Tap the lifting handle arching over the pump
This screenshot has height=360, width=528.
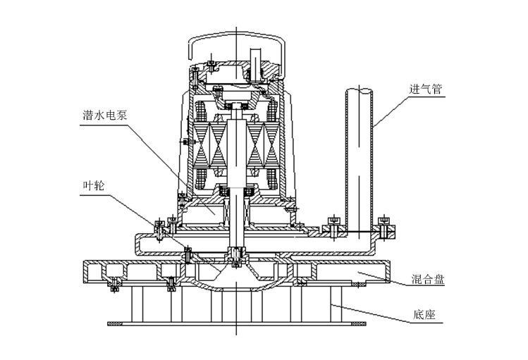[x=236, y=37]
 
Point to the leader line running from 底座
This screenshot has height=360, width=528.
[x=374, y=315]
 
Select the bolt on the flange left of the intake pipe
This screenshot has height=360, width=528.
[x=333, y=228]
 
